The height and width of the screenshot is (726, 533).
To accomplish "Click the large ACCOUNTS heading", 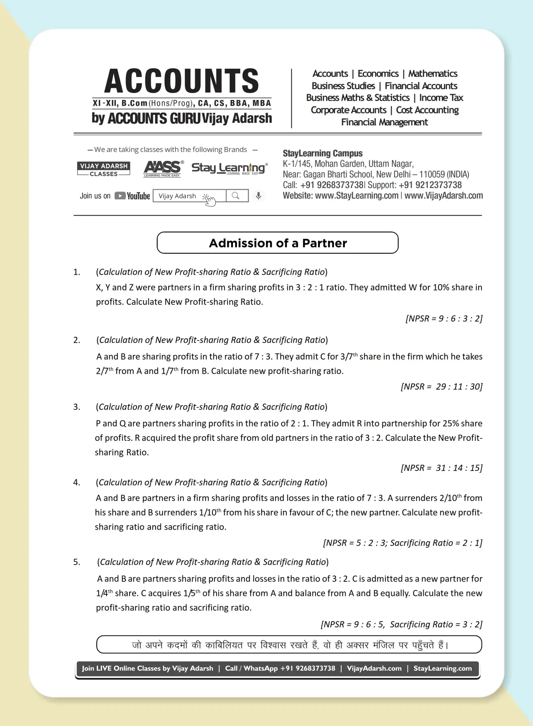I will [182, 81].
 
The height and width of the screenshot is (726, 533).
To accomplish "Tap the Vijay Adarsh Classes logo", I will [104, 169].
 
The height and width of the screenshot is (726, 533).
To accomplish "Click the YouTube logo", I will [132, 196].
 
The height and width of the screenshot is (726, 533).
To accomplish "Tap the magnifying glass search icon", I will [236, 196].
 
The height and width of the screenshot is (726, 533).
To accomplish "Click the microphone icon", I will [258, 196].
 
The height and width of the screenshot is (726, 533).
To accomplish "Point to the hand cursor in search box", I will [209, 199].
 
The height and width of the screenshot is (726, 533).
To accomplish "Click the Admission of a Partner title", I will [277, 243].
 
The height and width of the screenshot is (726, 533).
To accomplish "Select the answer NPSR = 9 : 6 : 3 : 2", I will [444, 319].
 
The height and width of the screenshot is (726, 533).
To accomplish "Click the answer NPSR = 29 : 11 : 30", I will [441, 386].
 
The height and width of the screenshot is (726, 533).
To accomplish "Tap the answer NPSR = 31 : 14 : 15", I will [441, 468].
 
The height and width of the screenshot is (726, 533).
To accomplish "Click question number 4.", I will [77, 482].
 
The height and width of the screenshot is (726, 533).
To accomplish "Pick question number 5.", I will [77, 562].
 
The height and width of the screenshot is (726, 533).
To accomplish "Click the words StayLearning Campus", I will [323, 154].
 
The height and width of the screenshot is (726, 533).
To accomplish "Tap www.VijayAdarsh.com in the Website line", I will [444, 195].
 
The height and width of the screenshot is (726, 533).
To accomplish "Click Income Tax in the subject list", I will [441, 98].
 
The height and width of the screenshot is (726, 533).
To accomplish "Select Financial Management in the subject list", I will [384, 122].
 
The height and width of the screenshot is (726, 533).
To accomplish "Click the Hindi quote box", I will [289, 645].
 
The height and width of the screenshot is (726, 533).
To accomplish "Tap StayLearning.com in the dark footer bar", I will [442, 668].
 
